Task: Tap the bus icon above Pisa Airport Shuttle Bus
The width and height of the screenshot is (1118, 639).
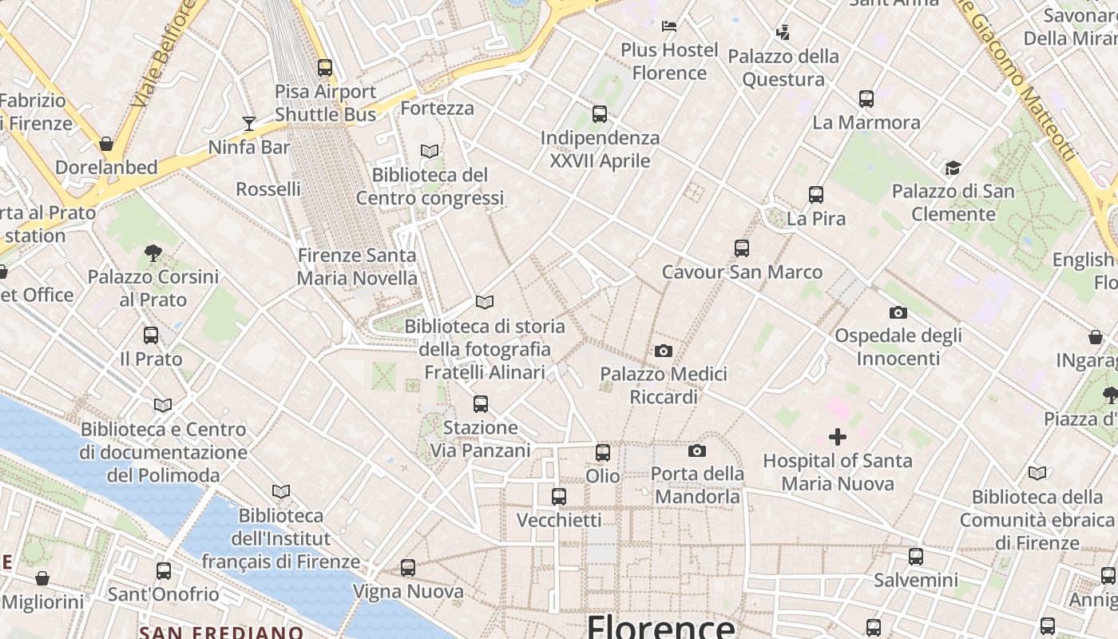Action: coord(325,68)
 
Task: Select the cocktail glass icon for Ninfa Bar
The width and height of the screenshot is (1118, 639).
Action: coord(249,124)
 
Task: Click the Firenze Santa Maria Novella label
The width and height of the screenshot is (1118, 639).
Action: coord(357,267)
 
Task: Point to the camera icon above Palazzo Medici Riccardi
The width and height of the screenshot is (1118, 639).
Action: coord(663,351)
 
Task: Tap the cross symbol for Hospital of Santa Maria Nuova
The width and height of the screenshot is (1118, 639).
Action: coord(837,437)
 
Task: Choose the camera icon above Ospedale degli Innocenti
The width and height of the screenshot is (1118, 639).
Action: coord(898,312)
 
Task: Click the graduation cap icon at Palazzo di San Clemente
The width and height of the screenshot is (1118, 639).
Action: coord(953,168)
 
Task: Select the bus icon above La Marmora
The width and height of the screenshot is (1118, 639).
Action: coord(866,99)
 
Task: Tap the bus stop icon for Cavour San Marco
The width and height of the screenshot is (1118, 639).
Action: coord(742,248)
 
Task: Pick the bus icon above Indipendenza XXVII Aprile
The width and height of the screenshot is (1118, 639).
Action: coord(600,114)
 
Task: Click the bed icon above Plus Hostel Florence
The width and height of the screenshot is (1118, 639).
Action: coord(669,26)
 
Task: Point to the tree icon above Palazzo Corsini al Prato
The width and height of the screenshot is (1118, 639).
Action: coord(153,254)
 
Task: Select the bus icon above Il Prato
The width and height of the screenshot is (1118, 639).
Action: coord(151,335)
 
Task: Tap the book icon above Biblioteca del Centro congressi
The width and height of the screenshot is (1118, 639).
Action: coord(430,151)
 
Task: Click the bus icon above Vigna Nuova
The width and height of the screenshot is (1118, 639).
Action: coord(408,568)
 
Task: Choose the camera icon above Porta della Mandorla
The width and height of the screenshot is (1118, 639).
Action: coord(697,451)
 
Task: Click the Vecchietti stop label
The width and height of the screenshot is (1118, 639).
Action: coord(559,520)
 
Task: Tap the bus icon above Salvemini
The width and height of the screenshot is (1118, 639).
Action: coord(916,557)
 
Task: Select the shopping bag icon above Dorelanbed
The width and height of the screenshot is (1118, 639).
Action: coord(106,144)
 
